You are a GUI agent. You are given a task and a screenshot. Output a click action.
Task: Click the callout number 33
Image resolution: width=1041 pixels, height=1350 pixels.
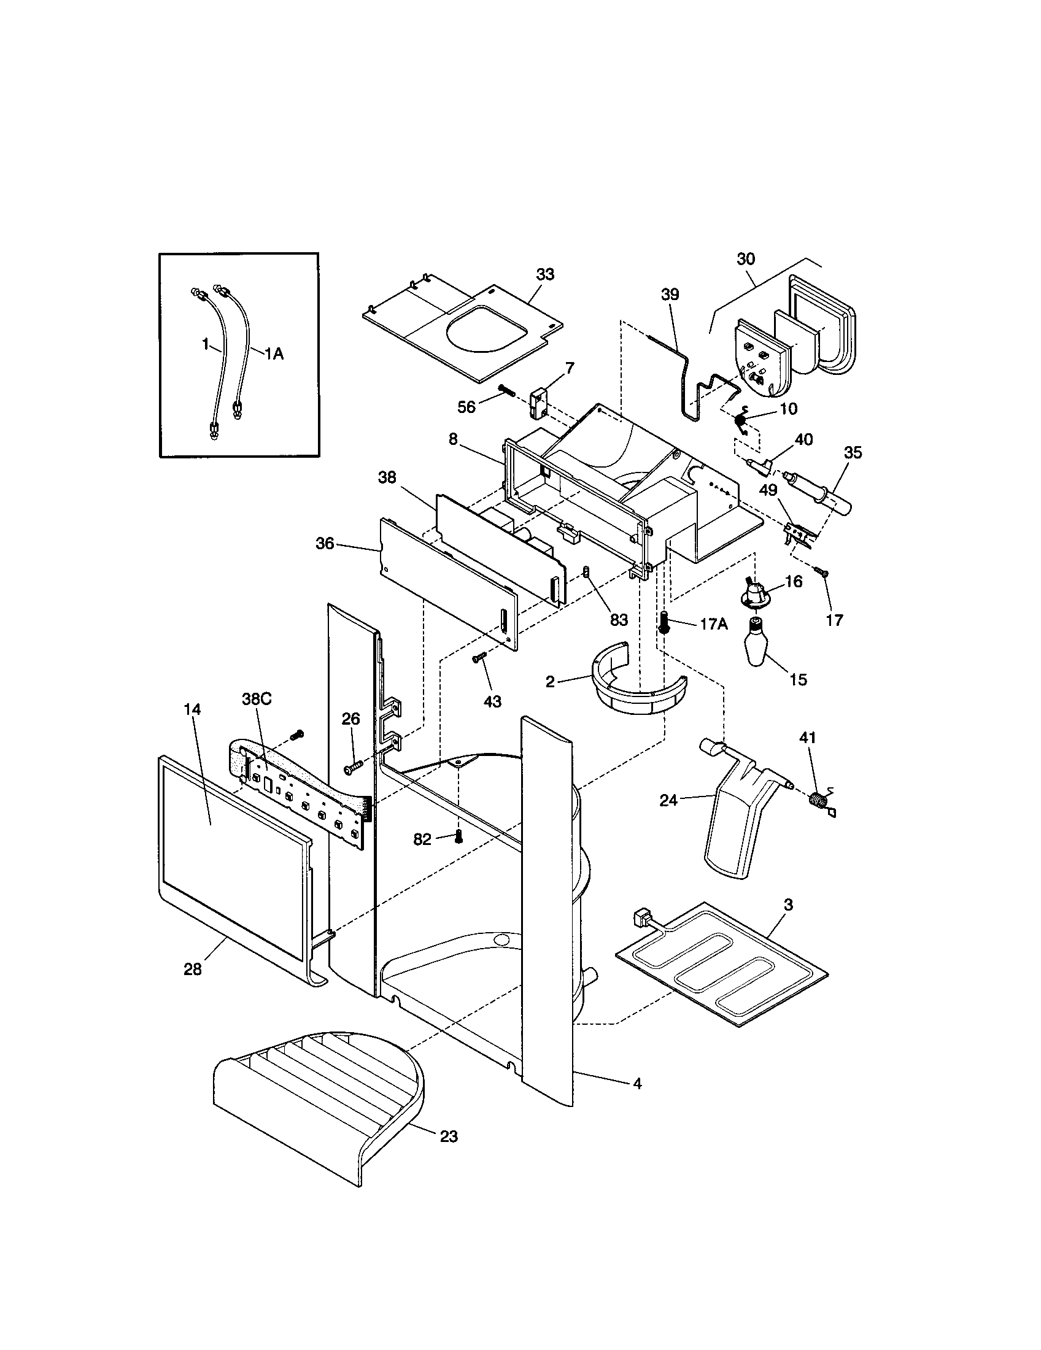pos(544,274)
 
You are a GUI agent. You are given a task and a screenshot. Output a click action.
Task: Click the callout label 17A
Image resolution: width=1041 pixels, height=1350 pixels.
pos(713,624)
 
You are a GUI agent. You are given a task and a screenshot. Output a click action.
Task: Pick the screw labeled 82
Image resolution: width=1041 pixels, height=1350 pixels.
pos(458,836)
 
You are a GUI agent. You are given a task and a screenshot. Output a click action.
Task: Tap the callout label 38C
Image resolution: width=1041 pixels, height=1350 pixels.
pos(256,699)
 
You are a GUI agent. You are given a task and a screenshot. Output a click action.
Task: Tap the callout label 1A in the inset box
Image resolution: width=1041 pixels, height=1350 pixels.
pos(274,353)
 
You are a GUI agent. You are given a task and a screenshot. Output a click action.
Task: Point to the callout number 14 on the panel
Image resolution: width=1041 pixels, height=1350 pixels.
pos(192,709)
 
